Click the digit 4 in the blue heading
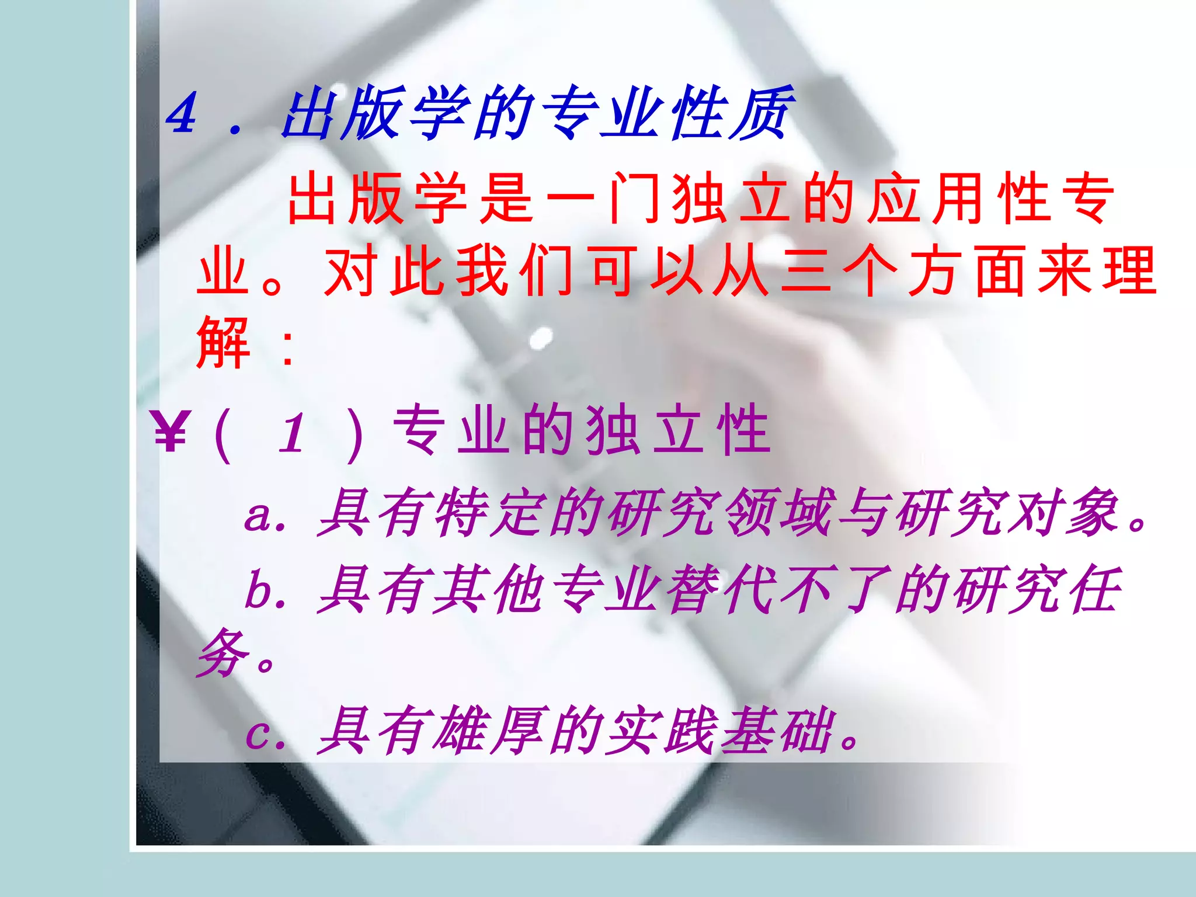pos(182,114)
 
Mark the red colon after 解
pos(287,347)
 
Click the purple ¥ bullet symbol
pos(170,431)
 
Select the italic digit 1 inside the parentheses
pos(293,433)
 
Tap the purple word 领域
pos(777,513)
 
